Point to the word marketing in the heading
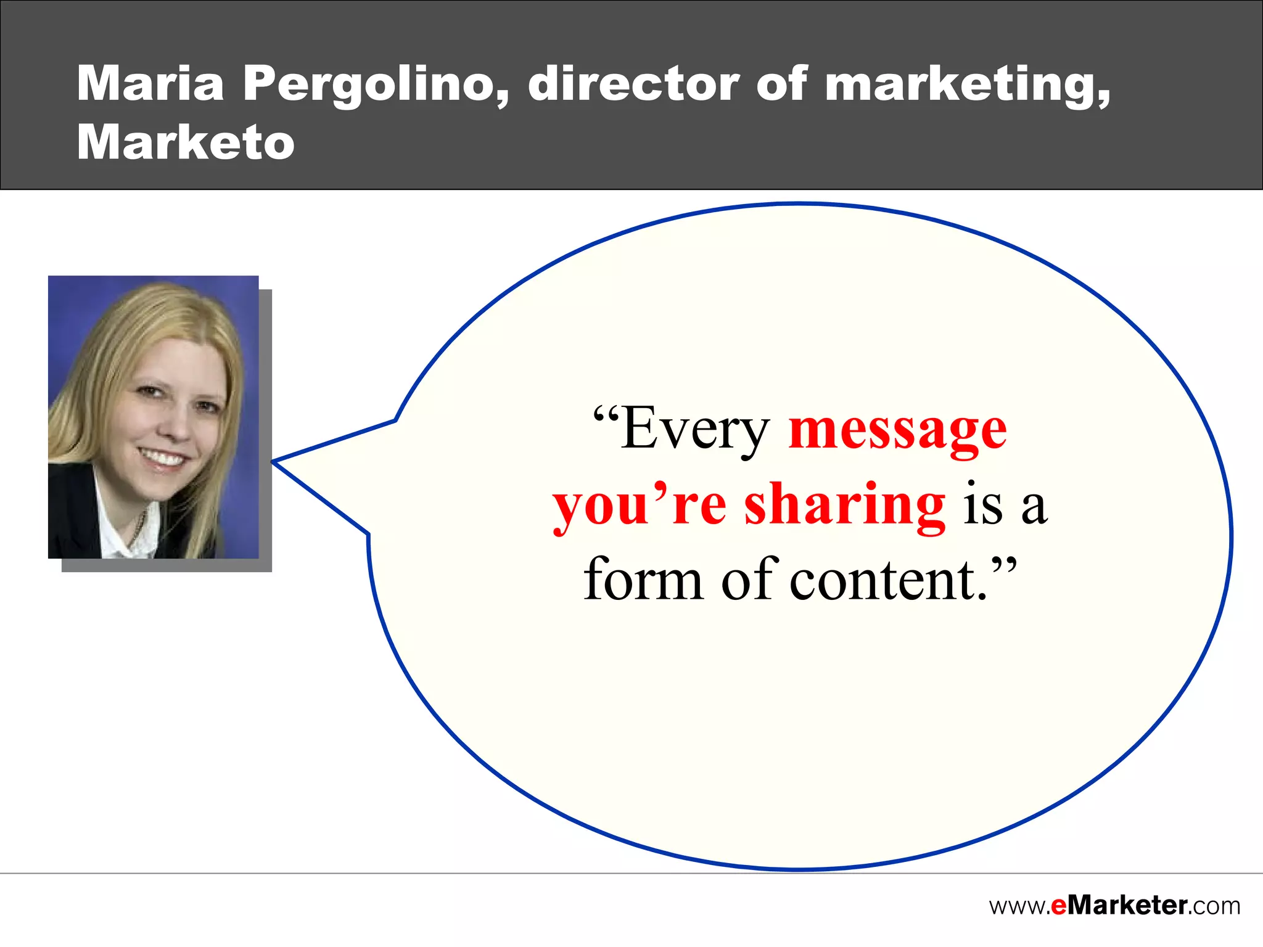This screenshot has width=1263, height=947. point(966,84)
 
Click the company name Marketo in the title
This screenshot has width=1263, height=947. point(186,142)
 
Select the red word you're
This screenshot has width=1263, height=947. point(639,506)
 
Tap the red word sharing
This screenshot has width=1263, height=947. point(844,506)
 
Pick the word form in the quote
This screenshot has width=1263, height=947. point(643,580)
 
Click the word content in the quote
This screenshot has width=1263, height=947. point(888,580)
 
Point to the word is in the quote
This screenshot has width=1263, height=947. point(983,506)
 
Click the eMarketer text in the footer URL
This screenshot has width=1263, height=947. point(1119,906)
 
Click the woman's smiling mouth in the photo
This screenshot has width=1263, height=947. point(162,458)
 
